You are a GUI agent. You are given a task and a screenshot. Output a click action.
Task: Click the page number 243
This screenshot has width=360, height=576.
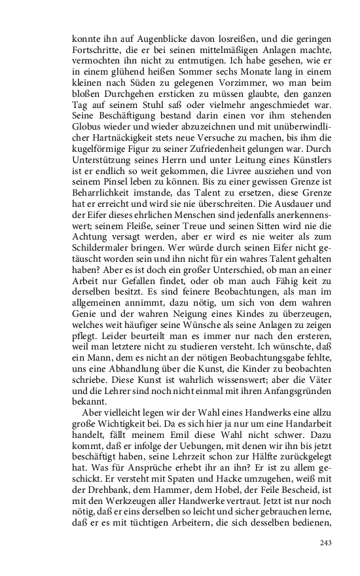tap(326, 543)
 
